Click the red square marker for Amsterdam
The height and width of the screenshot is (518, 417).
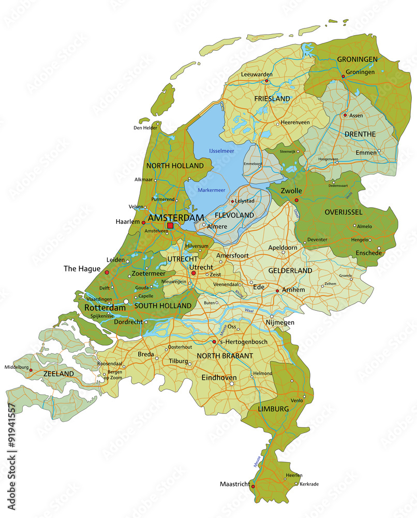170,225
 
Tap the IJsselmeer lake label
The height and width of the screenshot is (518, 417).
221,151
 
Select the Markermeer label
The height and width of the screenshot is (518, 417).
211,190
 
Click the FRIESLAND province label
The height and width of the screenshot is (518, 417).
272,98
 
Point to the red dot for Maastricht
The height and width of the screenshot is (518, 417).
252,486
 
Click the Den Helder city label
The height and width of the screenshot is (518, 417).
145,127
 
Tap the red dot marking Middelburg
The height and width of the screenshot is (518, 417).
31,370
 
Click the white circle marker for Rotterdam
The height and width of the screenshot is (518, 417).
126,301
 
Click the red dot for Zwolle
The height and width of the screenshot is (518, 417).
296,200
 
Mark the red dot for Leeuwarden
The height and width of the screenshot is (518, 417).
267,81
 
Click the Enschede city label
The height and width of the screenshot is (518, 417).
368,253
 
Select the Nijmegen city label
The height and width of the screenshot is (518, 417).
279,322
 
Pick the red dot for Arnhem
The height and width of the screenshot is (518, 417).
277,291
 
